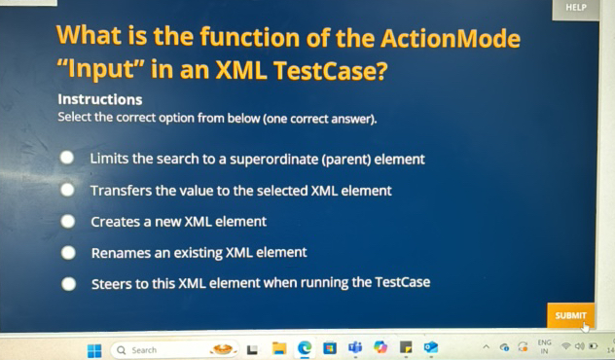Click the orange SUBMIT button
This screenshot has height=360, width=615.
pyautogui.click(x=570, y=315)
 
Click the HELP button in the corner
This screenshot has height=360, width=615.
pyautogui.click(x=576, y=8)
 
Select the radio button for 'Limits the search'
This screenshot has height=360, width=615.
pyautogui.click(x=67, y=158)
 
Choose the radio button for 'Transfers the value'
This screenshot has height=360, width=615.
pyautogui.click(x=67, y=190)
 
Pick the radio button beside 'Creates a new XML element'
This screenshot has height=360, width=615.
pyautogui.click(x=68, y=221)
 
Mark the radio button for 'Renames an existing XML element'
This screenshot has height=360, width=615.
pyautogui.click(x=68, y=252)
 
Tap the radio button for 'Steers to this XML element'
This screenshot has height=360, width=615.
pyautogui.click(x=68, y=284)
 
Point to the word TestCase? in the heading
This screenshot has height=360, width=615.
pyautogui.click(x=332, y=71)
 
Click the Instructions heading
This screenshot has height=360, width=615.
pyautogui.click(x=100, y=99)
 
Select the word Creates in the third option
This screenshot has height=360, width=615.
pyautogui.click(x=115, y=222)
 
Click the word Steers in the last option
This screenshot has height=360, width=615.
pyautogui.click(x=112, y=284)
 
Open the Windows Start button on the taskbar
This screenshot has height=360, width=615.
pyautogui.click(x=94, y=350)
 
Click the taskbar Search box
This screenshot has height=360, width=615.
pyautogui.click(x=156, y=350)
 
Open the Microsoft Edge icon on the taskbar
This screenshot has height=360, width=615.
pyautogui.click(x=305, y=348)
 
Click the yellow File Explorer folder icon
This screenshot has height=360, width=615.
pyautogui.click(x=279, y=348)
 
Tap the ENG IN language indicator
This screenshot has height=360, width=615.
pyautogui.click(x=544, y=346)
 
